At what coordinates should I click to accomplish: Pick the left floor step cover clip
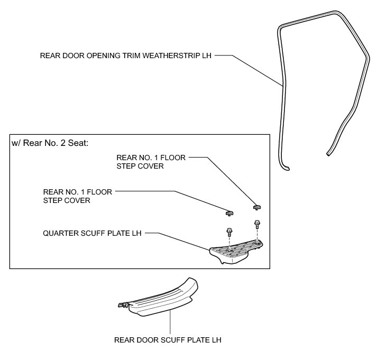pyautogui.click(x=229, y=213)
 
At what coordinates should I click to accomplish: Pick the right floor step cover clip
pyautogui.click(x=258, y=206)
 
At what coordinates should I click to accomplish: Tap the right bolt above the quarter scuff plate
pyautogui.click(x=258, y=224)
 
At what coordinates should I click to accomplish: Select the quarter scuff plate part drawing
pyautogui.click(x=236, y=253)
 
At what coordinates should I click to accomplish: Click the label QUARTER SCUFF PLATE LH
pyautogui.click(x=93, y=232)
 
